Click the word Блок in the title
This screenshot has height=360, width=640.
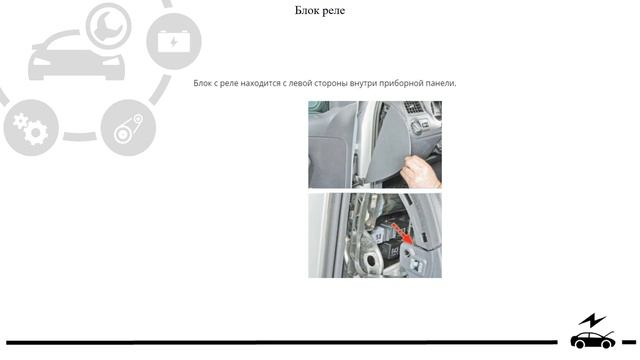tap(306, 10)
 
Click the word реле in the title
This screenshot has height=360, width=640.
tap(333, 11)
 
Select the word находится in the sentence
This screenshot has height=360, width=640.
tap(259, 83)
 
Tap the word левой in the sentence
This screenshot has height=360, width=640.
tap(300, 83)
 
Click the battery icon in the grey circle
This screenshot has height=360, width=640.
tap(174, 41)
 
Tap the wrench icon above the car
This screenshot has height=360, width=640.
tap(109, 25)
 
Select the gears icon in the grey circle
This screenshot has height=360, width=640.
tap(31, 128)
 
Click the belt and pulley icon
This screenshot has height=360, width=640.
tap(129, 128)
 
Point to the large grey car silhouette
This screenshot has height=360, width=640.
tap(76, 57)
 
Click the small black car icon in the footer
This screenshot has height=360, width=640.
tap(592, 340)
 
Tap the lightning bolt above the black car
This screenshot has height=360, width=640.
tap(592, 320)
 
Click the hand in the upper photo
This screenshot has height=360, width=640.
tap(421, 171)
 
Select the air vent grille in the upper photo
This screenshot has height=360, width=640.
tap(413, 107)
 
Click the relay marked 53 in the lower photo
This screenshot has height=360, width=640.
tap(379, 236)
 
